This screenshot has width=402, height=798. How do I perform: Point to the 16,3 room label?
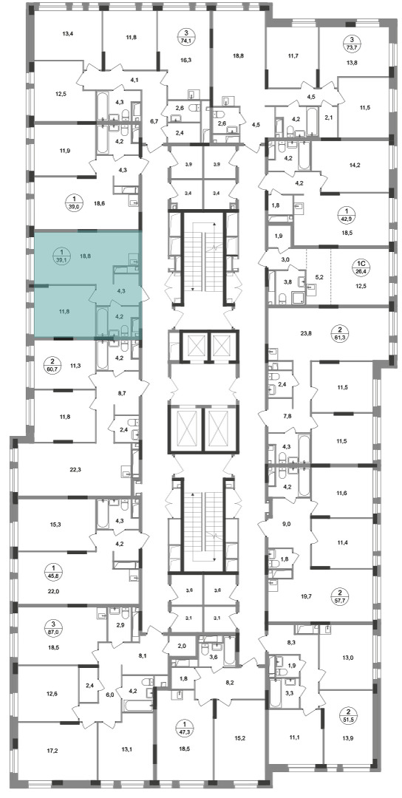[x=183, y=58]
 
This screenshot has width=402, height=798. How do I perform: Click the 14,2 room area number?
[x=352, y=164]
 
